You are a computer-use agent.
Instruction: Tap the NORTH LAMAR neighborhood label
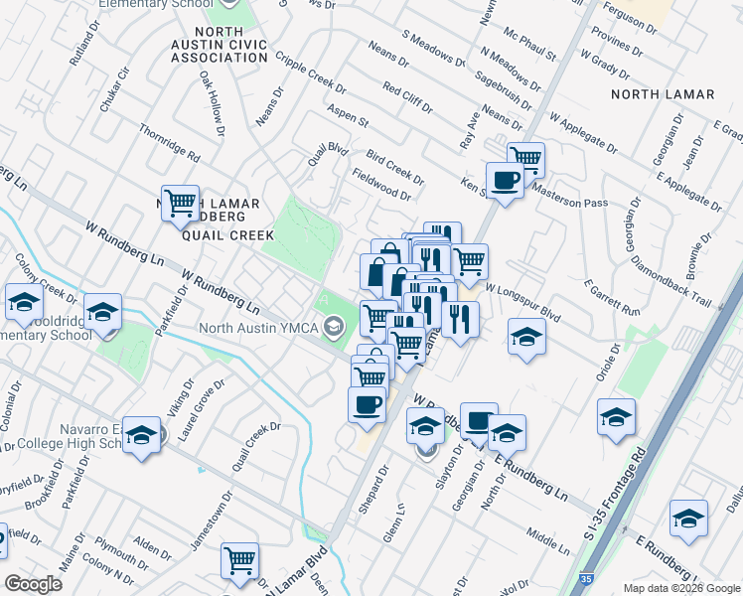click(663, 95)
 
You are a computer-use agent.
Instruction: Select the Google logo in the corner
click(34, 584)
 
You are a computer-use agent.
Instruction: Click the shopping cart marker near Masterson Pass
click(525, 157)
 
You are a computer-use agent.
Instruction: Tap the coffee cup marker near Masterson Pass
click(505, 180)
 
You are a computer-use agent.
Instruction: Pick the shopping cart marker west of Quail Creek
click(181, 203)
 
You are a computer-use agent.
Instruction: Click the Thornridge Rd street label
click(170, 144)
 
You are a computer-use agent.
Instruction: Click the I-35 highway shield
click(588, 577)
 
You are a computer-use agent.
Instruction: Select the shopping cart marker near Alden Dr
click(240, 560)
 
